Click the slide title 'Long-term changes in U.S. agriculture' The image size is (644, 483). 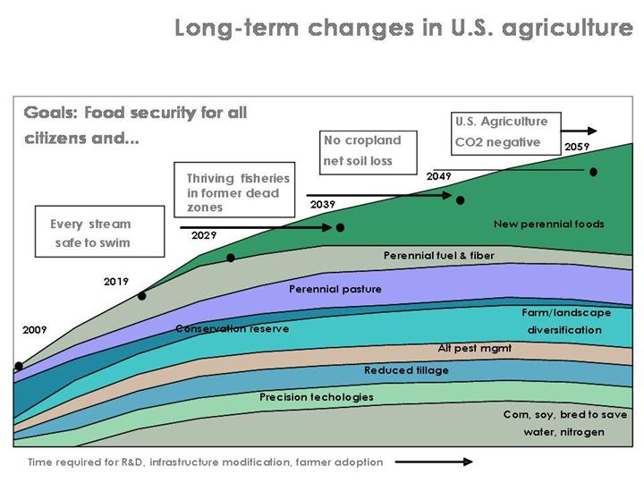pyautogui.click(x=403, y=28)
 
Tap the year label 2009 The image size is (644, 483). pyautogui.click(x=34, y=330)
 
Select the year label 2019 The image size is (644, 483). pyautogui.click(x=116, y=281)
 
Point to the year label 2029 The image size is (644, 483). pyautogui.click(x=204, y=235)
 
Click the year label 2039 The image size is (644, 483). pyautogui.click(x=323, y=205)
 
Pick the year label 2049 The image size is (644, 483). pyautogui.click(x=438, y=176)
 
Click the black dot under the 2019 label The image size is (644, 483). pyautogui.click(x=141, y=295)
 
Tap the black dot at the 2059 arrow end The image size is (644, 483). pyautogui.click(x=592, y=171)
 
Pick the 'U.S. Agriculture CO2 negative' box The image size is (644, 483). pyautogui.click(x=501, y=131)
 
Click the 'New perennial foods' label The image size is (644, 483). pyautogui.click(x=549, y=224)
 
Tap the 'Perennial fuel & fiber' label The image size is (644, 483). pyautogui.click(x=438, y=256)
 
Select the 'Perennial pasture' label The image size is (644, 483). pyautogui.click(x=335, y=289)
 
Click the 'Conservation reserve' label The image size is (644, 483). pyautogui.click(x=232, y=328)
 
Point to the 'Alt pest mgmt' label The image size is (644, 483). pyautogui.click(x=474, y=349)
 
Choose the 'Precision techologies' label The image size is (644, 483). pyautogui.click(x=316, y=396)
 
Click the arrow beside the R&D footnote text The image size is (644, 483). pyautogui.click(x=434, y=462)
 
